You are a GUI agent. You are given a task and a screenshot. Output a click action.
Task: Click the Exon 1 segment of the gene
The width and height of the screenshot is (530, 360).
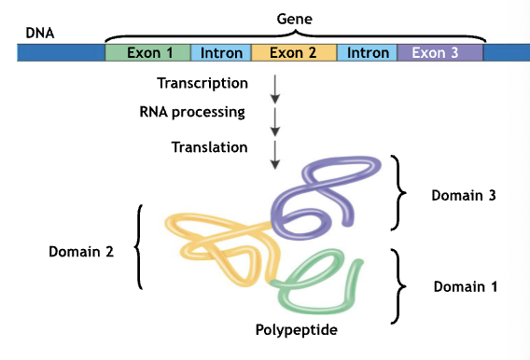pyautogui.click(x=146, y=53)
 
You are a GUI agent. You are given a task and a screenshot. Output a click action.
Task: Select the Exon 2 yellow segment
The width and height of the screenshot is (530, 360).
pyautogui.click(x=293, y=53)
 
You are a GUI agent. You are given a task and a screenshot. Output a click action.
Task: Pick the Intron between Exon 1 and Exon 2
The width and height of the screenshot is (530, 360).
pyautogui.click(x=220, y=53)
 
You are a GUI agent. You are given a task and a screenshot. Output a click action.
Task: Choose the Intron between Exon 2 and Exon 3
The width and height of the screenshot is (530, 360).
pyautogui.click(x=367, y=53)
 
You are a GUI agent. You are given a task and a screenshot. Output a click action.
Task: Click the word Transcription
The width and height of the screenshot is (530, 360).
pyautogui.click(x=202, y=84)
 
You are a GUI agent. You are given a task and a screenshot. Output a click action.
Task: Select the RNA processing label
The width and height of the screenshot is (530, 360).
pyautogui.click(x=191, y=113)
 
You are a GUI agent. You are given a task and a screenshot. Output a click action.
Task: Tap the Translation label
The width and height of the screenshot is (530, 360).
pyautogui.click(x=210, y=147)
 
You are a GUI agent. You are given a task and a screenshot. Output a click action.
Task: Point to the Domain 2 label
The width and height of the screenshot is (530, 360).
pyautogui.click(x=81, y=251)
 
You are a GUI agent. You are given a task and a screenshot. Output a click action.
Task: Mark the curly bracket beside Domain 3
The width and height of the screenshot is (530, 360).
pyautogui.click(x=402, y=194)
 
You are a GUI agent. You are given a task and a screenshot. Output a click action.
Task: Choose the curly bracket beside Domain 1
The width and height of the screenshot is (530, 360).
pyautogui.click(x=401, y=284)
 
